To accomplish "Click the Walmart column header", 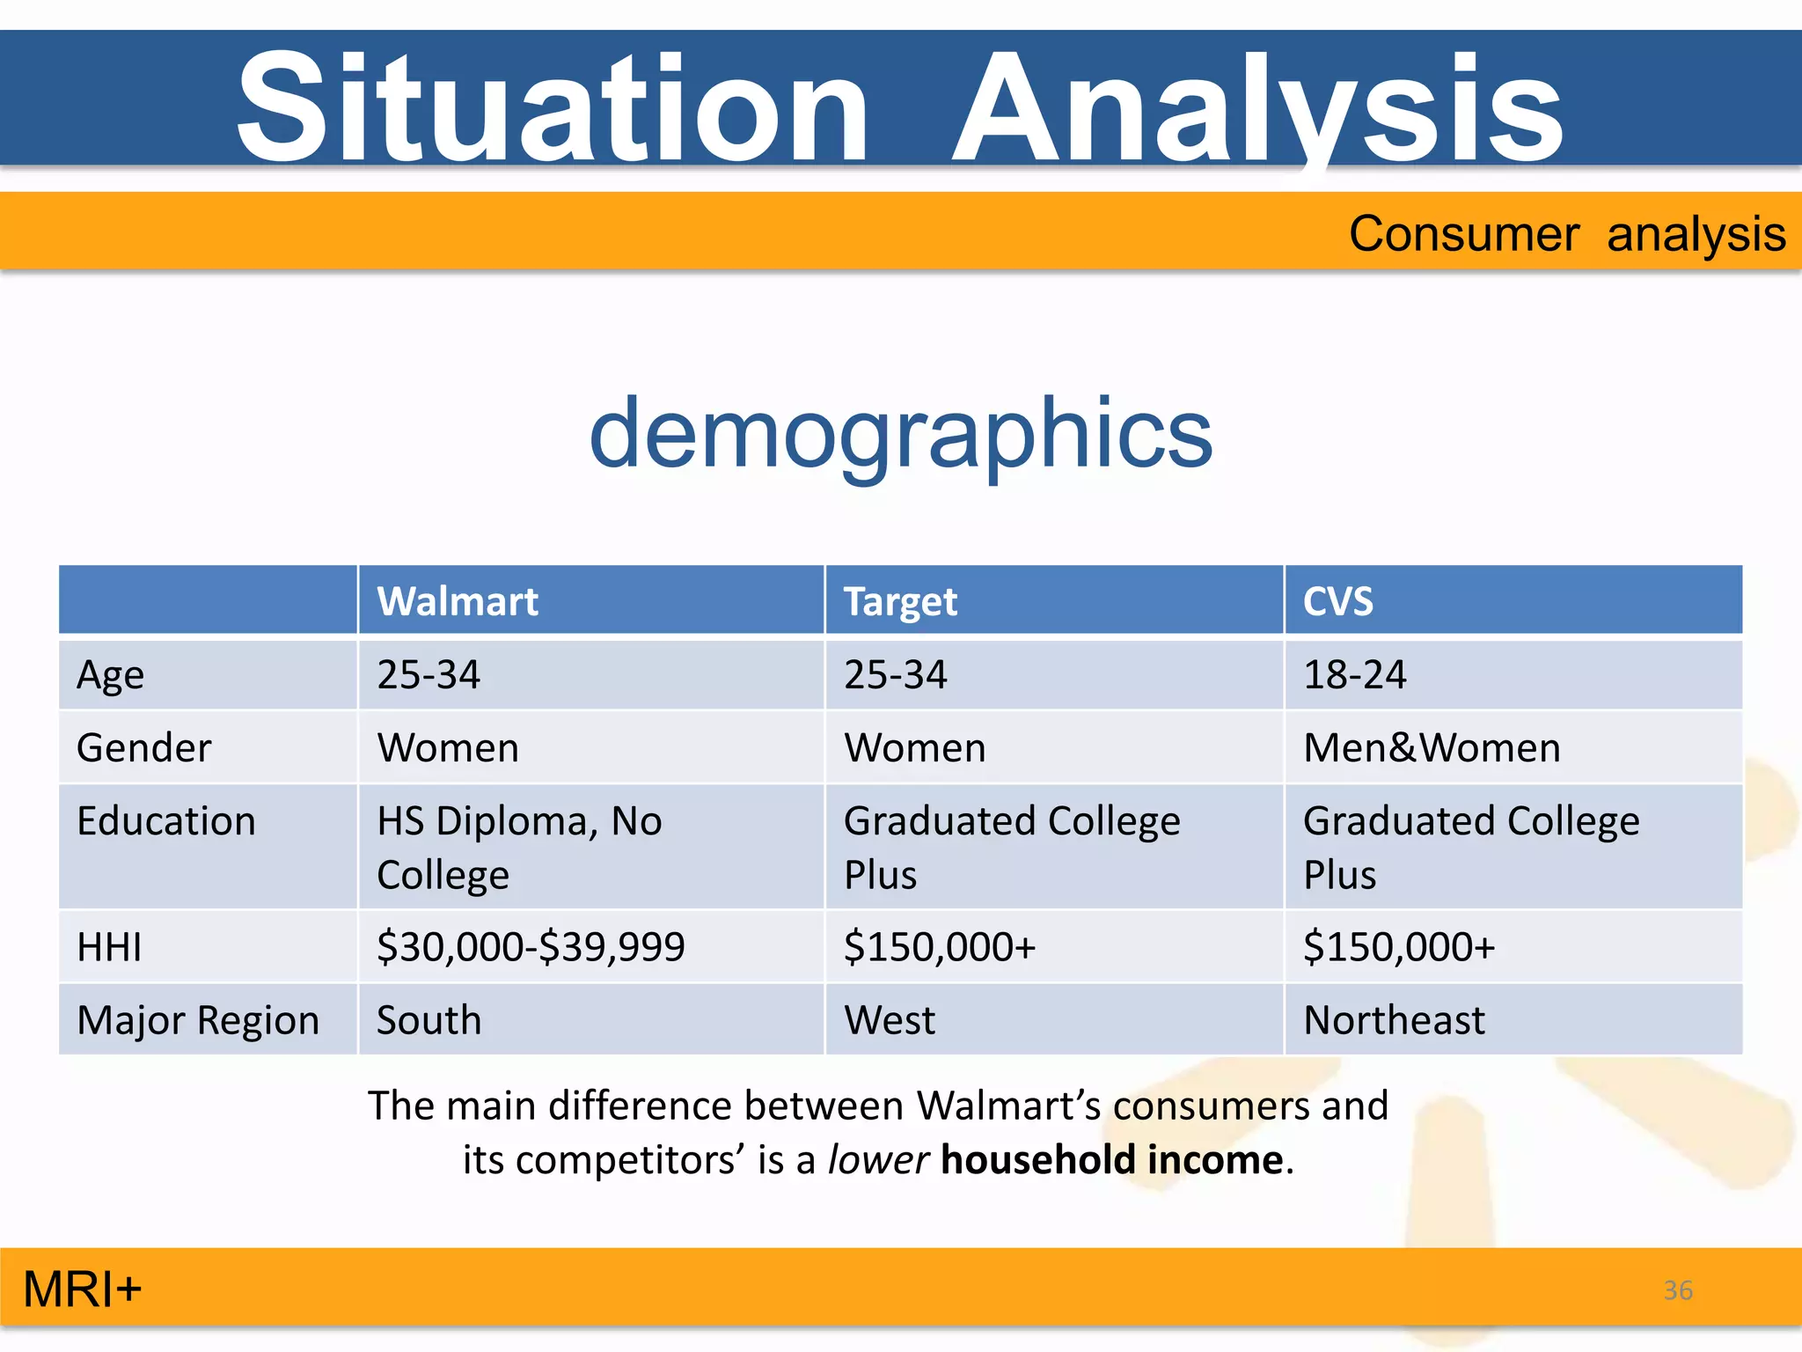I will pyautogui.click(x=457, y=602).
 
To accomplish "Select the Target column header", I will pyautogui.click(x=899, y=602).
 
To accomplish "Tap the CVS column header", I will pyautogui.click(x=1337, y=602).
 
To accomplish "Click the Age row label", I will pyautogui.click(x=110, y=675).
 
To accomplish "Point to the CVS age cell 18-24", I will pyautogui.click(x=1354, y=675).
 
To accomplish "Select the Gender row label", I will pyautogui.click(x=143, y=748).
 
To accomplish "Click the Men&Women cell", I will pyautogui.click(x=1432, y=748).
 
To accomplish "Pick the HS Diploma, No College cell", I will pyautogui.click(x=519, y=847).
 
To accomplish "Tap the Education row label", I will pyautogui.click(x=165, y=821).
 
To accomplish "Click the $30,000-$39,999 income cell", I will pyautogui.click(x=531, y=947).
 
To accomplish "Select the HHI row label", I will pyautogui.click(x=109, y=948).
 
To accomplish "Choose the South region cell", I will pyautogui.click(x=429, y=1020).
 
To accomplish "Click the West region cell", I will pyautogui.click(x=889, y=1020).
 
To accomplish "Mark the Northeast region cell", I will pyautogui.click(x=1394, y=1020).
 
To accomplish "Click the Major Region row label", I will pyautogui.click(x=198, y=1021).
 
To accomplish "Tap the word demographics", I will pyautogui.click(x=900, y=433).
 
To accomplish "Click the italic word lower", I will pyautogui.click(x=877, y=1160).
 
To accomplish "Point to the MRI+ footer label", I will pyautogui.click(x=82, y=1290).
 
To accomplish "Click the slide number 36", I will pyautogui.click(x=1677, y=1290).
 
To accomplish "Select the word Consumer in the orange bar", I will pyautogui.click(x=1464, y=234).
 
